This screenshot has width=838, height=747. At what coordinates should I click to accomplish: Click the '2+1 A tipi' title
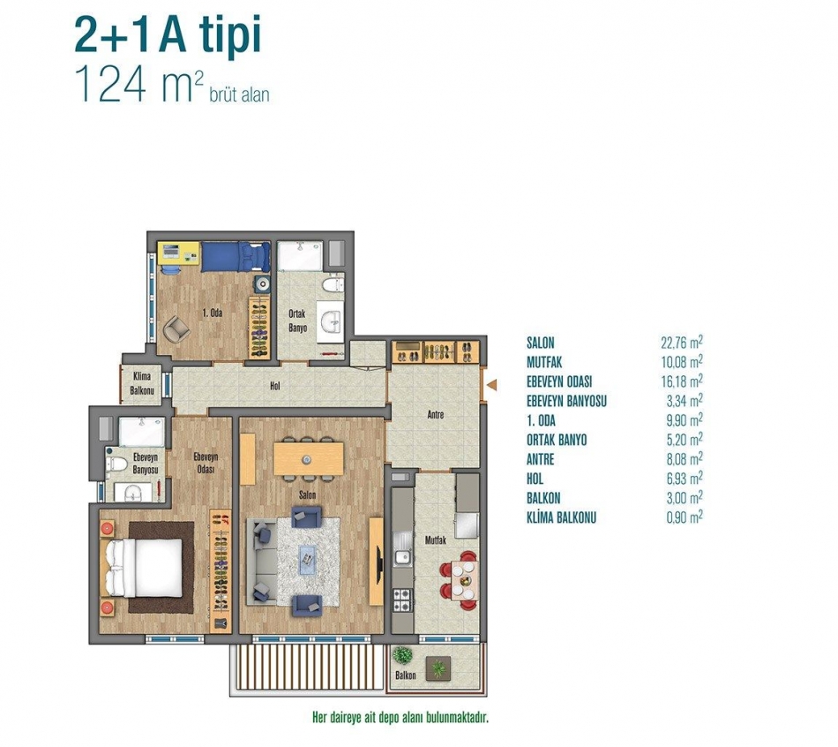168,36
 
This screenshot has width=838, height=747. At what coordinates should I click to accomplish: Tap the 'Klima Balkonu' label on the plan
142,383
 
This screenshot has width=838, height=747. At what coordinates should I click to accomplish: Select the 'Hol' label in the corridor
275,385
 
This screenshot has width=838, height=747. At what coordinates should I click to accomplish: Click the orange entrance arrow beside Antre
492,384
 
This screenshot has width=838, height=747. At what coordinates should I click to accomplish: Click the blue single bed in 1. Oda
236,256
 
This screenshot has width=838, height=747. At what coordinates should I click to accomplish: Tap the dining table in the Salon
309,458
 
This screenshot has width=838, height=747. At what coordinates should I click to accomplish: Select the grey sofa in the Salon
261,562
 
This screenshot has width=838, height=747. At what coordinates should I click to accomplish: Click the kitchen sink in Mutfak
401,558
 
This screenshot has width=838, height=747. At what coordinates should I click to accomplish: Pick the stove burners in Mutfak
402,600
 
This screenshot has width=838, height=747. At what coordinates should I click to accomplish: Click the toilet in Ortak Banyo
333,283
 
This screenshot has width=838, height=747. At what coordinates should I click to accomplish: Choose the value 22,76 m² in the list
681,342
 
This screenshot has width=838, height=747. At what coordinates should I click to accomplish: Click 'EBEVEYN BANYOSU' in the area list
566,401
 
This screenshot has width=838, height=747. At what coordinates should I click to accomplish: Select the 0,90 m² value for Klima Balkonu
685,517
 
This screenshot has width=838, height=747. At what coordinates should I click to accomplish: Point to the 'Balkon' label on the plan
406,675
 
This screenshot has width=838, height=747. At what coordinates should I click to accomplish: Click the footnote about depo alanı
400,717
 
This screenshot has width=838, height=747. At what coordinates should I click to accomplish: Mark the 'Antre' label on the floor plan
436,414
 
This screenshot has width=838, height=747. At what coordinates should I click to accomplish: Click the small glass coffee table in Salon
307,560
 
